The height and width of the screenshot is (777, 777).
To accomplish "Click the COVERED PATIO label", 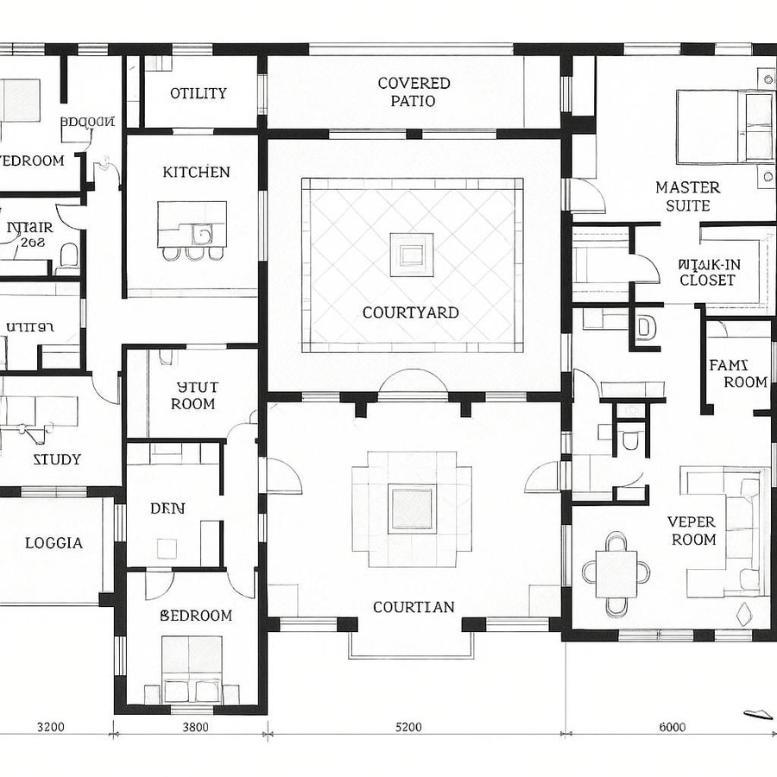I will (414, 92).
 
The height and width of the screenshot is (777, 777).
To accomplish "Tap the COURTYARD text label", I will (410, 313).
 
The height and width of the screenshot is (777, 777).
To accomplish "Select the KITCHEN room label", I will (196, 172).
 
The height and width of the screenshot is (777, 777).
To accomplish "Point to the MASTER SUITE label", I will (687, 196).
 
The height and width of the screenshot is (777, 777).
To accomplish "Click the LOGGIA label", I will (54, 543).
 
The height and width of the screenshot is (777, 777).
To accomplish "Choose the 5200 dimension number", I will (408, 727).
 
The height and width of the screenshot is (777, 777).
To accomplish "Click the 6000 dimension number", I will (672, 727).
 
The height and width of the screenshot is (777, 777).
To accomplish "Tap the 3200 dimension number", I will (50, 727).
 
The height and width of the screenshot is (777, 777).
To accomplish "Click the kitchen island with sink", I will (192, 224).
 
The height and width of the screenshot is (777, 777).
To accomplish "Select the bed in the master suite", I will (723, 126).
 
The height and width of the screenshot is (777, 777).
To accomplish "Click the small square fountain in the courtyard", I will (411, 254).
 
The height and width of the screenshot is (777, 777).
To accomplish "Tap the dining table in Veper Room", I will (616, 572).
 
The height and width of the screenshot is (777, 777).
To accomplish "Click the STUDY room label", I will (57, 459).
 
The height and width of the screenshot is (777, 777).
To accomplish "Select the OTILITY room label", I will (199, 93).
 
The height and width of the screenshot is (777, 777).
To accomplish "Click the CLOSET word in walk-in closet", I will (707, 280).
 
